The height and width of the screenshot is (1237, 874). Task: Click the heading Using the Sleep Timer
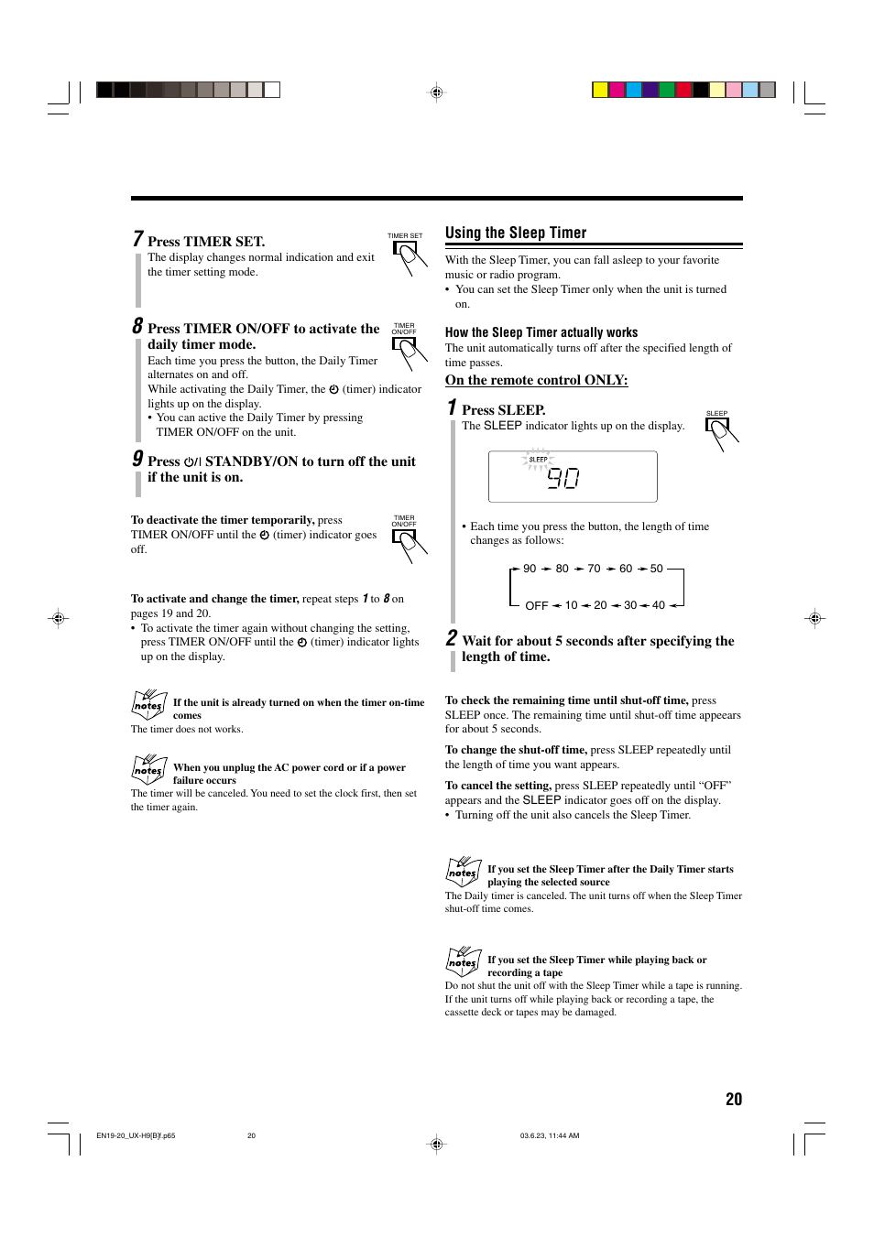(x=516, y=233)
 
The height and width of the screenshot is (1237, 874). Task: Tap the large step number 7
(x=137, y=239)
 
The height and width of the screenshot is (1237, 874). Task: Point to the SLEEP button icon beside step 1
(x=719, y=431)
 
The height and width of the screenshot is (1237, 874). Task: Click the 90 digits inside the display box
(x=563, y=478)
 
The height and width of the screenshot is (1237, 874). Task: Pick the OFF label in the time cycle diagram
(x=536, y=605)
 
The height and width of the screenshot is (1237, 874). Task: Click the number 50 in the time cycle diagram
(x=656, y=569)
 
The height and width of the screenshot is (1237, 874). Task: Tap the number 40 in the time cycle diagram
(x=658, y=605)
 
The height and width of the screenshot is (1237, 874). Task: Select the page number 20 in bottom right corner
(x=733, y=1099)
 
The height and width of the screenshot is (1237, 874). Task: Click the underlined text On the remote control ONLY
(x=536, y=380)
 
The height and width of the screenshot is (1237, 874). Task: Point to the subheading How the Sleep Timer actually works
(x=541, y=332)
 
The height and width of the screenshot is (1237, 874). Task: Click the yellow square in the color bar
(x=600, y=90)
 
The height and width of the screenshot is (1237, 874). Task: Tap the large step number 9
(x=137, y=459)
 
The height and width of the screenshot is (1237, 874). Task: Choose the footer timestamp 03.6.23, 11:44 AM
(x=549, y=1135)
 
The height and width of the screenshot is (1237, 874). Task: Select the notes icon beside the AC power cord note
(x=148, y=768)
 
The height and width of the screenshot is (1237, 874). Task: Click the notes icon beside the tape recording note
(x=463, y=960)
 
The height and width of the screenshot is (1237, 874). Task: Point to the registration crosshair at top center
(x=437, y=92)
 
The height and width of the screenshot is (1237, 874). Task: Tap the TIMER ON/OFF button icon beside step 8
(x=406, y=351)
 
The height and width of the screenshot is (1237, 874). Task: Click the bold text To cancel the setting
(x=497, y=786)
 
